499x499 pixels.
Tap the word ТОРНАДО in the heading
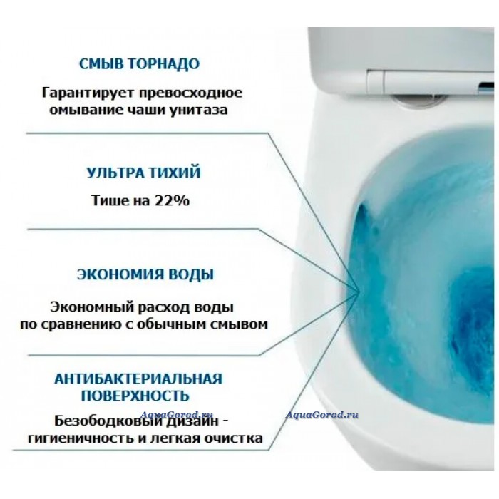164,64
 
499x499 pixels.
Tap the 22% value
172,201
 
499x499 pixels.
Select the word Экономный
92,307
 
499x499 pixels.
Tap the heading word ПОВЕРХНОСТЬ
135,396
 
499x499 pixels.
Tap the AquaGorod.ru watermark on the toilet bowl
322,415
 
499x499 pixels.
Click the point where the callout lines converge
360,290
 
